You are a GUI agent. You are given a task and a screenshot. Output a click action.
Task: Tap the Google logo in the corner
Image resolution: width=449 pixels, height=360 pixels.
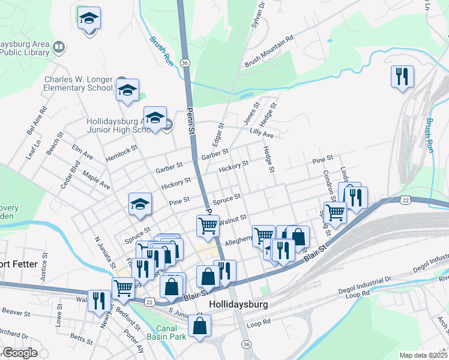tap(20, 353)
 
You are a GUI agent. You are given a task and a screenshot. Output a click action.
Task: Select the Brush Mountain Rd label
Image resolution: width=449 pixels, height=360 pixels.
tap(268, 51)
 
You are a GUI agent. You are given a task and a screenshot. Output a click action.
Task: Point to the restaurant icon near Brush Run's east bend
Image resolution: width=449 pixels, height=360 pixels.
tap(401, 76)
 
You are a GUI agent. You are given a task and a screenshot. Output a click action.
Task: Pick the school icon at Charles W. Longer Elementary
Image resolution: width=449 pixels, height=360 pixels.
tap(127, 90)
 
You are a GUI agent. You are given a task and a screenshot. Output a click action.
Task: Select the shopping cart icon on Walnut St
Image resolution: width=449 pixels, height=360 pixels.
tap(208, 226)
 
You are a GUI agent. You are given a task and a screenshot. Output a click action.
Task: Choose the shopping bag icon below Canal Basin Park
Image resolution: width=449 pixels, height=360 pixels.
tap(200, 326)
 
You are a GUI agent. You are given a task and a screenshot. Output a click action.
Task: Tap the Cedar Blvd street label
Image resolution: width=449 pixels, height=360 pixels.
tap(70, 175)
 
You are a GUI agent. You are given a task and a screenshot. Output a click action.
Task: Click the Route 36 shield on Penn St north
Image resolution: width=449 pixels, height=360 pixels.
tap(185, 62)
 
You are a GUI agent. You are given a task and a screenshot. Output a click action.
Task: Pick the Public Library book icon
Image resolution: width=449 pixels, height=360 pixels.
tap(59, 47)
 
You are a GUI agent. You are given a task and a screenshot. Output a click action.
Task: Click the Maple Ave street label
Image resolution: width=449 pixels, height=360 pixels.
tap(97, 181)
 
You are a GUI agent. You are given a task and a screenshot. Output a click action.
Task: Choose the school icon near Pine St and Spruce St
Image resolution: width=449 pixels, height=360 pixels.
tap(140, 204)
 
